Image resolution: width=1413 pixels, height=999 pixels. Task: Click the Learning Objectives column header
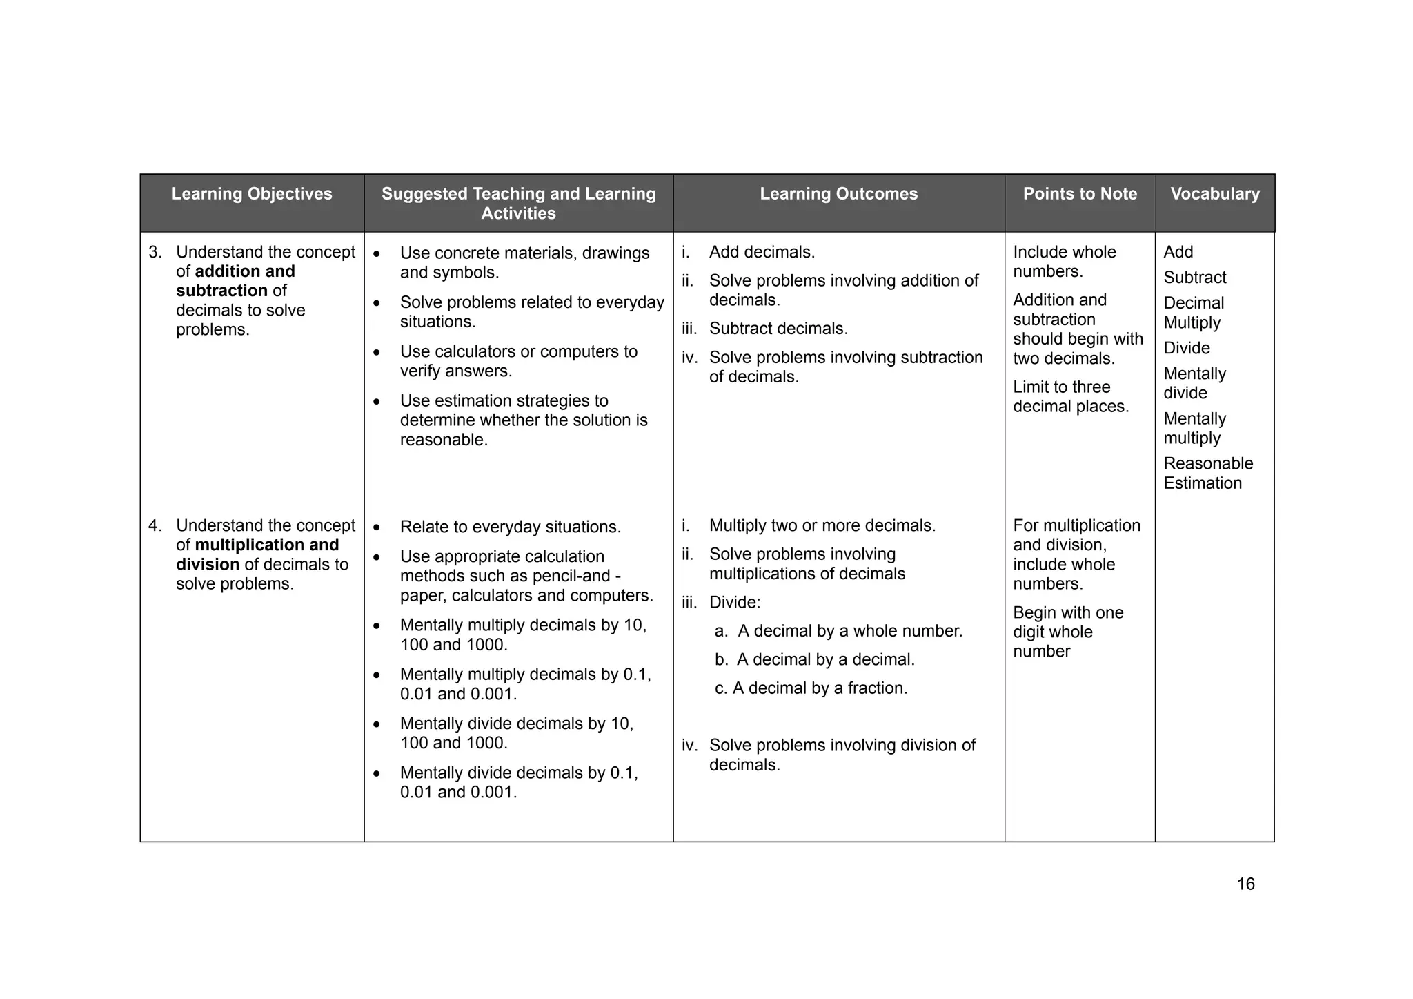(252, 194)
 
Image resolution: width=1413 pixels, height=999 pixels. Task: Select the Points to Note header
(1080, 194)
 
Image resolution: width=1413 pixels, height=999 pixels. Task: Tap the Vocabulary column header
(1214, 194)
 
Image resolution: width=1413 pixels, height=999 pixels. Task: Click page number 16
(1245, 884)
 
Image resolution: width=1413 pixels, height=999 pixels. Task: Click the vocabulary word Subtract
(1194, 278)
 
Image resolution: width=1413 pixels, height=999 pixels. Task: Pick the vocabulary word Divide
(1186, 348)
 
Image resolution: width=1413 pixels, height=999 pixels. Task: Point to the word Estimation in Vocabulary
(1202, 483)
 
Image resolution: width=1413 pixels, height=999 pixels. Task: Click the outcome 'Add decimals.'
(762, 252)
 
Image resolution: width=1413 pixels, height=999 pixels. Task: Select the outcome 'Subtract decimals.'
(778, 329)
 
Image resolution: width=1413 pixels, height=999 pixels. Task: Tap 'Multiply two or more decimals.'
(822, 525)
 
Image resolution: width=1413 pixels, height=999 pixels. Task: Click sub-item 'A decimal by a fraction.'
(820, 688)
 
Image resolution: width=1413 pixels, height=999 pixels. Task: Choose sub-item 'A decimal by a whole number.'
(849, 631)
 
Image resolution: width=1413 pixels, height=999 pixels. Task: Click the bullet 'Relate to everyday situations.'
(510, 527)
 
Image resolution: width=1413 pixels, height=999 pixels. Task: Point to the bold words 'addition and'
(245, 271)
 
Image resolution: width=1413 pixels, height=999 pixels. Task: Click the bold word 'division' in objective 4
(207, 565)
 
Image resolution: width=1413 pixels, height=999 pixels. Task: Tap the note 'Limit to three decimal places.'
(1070, 397)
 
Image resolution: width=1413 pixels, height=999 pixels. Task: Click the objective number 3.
(155, 252)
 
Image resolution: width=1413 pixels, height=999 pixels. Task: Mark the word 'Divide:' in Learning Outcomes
(734, 603)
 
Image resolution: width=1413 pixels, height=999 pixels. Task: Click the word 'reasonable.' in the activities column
(444, 440)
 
